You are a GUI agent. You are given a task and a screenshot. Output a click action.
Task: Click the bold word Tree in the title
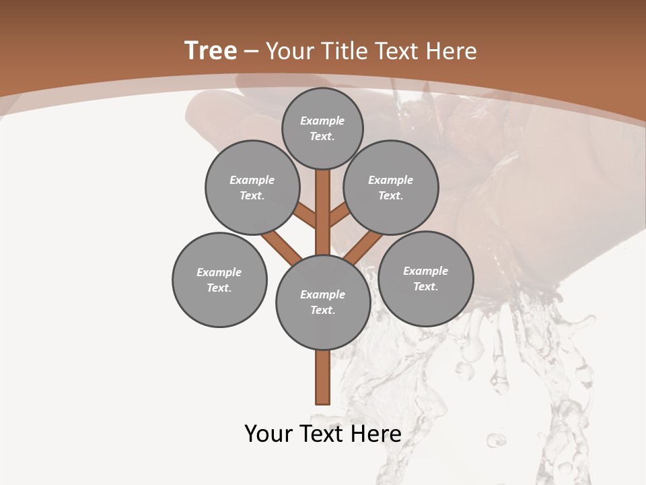tap(211, 51)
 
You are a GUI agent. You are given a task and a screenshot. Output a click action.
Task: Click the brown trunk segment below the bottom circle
tap(323, 377)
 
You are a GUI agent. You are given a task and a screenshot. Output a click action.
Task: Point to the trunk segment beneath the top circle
tap(323, 202)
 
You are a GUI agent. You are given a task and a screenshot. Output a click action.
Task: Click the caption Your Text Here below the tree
tap(323, 434)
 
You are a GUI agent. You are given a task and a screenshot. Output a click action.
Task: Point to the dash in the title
tap(251, 51)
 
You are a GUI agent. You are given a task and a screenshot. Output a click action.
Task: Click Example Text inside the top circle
tap(322, 128)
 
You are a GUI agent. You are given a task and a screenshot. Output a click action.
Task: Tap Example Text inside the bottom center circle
tap(323, 302)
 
